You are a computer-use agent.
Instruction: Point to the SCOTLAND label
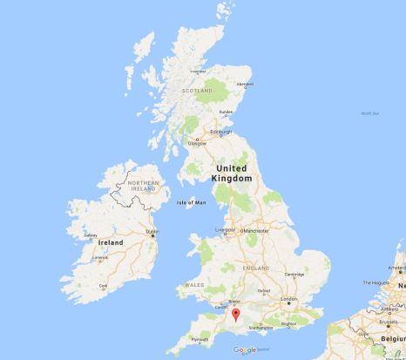coord(197,90)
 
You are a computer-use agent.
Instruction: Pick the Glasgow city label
coord(197,143)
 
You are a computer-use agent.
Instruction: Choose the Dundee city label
coord(227,112)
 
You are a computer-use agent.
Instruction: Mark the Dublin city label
coord(152,231)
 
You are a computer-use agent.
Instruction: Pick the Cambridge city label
coord(295,273)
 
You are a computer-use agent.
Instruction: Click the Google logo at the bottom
coord(245,350)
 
